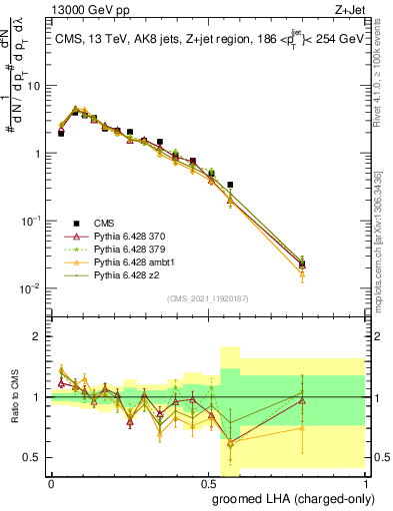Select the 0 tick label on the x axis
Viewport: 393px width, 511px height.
click(51, 482)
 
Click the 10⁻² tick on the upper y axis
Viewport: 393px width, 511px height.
click(33, 288)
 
